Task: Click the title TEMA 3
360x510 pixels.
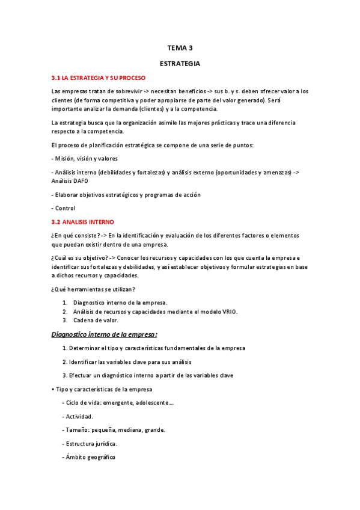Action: point(180,48)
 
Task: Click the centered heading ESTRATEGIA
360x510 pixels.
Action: point(180,63)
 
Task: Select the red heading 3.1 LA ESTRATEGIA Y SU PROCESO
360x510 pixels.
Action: point(99,78)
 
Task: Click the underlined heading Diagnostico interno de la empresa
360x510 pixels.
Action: point(104,334)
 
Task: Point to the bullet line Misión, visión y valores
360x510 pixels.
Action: point(85,159)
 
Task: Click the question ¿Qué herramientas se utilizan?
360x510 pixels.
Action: point(93,289)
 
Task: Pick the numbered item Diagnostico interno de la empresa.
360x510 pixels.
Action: point(120,303)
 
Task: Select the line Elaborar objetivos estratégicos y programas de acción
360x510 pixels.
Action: point(126,194)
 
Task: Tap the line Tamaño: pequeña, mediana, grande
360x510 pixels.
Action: point(113,430)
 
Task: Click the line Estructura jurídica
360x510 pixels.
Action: point(90,444)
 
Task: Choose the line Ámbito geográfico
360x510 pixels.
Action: point(89,457)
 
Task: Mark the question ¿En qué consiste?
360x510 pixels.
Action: point(76,235)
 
